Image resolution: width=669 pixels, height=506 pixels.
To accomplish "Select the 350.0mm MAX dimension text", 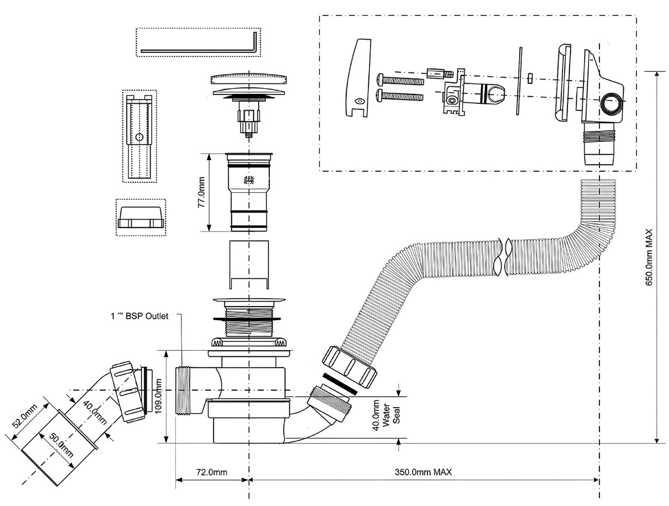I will tap(424, 473).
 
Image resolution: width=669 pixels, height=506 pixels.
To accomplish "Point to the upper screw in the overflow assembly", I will tap(399, 80).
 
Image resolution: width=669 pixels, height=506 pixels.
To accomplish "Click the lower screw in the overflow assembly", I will tap(399, 96).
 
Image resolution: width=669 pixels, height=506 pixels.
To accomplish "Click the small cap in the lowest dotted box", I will tap(141, 218).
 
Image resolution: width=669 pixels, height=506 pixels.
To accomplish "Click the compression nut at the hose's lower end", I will tap(350, 366).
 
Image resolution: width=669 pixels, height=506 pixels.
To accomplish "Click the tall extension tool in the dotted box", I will tap(139, 135).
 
